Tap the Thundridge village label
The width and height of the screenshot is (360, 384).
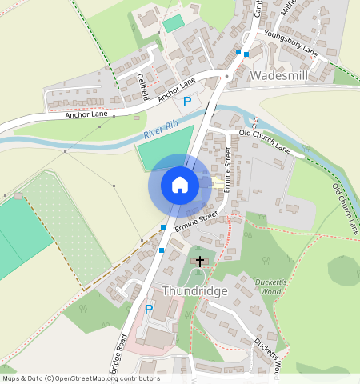(195, 290)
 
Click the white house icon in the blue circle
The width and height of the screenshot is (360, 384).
(179, 185)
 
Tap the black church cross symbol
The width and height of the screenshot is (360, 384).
(199, 261)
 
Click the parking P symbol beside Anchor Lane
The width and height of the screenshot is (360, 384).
(186, 102)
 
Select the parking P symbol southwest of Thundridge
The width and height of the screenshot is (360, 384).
(148, 310)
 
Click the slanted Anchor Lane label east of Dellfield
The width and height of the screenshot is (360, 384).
(175, 90)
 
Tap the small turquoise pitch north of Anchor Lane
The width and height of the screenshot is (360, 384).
(173, 23)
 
